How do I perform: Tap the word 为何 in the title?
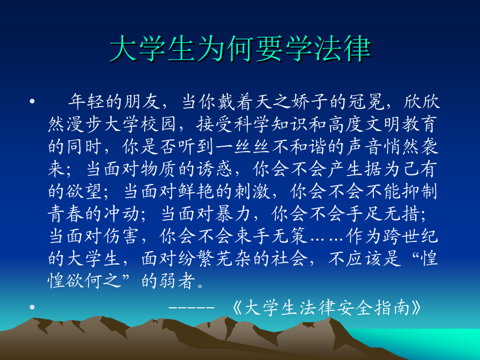point(226,49)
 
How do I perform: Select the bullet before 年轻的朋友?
point(32,101)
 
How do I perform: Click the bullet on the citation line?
point(32,307)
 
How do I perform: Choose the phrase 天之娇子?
point(273,102)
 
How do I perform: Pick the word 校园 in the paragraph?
point(159,124)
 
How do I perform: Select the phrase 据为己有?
point(401,169)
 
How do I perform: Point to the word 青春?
point(66,213)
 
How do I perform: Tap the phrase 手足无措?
point(382,213)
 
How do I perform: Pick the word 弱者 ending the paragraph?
point(177,281)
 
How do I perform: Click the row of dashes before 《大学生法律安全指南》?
point(191,307)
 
